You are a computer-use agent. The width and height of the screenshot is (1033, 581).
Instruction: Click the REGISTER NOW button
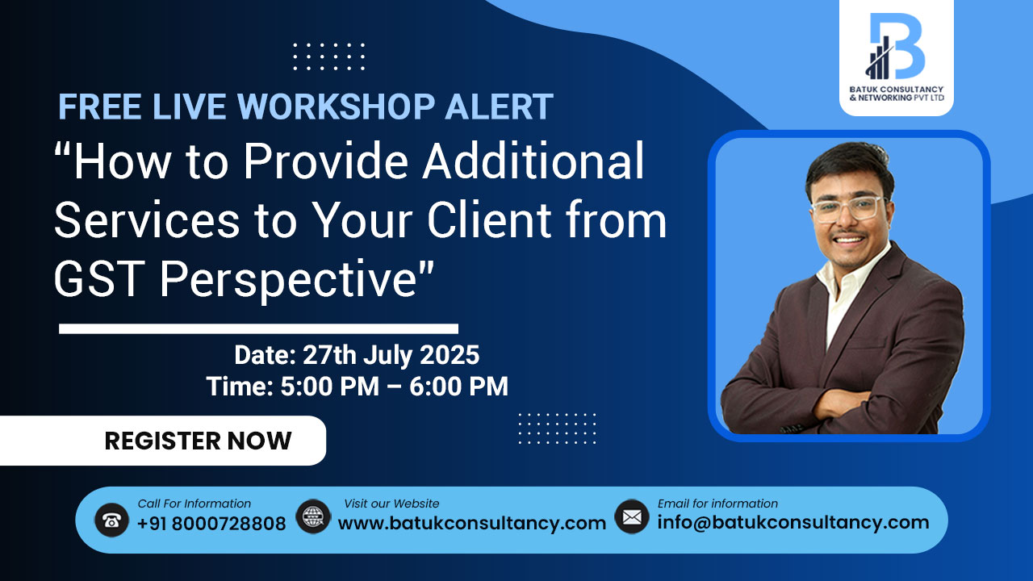click(x=163, y=441)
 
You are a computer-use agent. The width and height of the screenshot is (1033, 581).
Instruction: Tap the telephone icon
click(x=111, y=520)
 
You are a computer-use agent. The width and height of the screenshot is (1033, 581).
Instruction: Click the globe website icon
click(x=313, y=517)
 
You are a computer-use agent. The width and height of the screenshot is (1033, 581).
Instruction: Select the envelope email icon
click(x=632, y=516)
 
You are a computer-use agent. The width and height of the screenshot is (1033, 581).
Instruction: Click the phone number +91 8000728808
click(x=211, y=524)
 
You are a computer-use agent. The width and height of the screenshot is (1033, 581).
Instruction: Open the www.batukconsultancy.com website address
click(x=472, y=524)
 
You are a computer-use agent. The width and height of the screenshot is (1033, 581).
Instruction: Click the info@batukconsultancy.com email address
click(x=793, y=522)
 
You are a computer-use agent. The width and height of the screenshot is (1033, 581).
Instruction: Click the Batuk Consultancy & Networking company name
click(x=897, y=93)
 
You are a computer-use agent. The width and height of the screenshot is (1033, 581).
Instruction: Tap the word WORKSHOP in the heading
click(x=337, y=107)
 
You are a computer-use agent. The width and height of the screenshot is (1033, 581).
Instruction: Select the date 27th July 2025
click(x=391, y=355)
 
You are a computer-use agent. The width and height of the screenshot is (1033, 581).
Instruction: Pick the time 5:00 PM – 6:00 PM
click(x=395, y=386)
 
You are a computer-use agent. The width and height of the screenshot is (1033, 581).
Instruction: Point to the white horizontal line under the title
click(x=259, y=328)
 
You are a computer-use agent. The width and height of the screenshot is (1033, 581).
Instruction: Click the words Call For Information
click(x=194, y=504)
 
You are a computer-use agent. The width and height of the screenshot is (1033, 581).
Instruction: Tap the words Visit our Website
click(x=391, y=504)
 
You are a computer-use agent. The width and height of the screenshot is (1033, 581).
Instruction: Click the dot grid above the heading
click(x=328, y=56)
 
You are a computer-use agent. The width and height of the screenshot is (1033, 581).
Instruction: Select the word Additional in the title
click(x=533, y=161)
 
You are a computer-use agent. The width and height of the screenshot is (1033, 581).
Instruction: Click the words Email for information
click(x=717, y=504)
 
